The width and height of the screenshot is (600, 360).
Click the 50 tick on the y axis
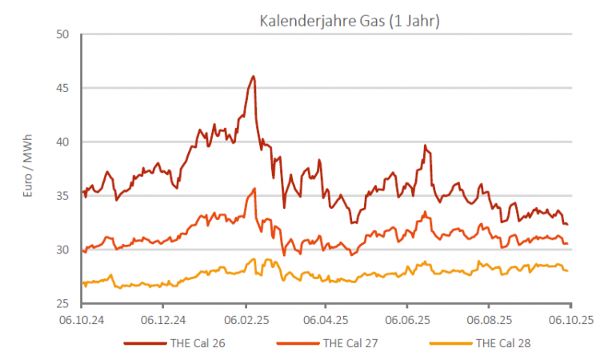tap(63, 34)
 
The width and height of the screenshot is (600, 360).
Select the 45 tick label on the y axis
tap(63, 88)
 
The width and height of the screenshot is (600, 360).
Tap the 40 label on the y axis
tap(63, 142)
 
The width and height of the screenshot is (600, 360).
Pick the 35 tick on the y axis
tap(63, 196)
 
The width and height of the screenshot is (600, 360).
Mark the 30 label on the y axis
tap(63, 250)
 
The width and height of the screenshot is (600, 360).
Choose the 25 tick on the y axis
tap(63, 304)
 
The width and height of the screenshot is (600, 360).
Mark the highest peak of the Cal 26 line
tap(254, 77)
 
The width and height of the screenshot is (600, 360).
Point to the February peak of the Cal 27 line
tap(254, 189)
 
